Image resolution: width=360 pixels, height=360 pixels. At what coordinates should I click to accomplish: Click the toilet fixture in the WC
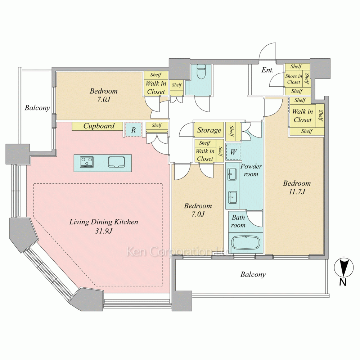[201, 71]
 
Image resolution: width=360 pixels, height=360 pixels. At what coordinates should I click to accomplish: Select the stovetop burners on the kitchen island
[87, 162]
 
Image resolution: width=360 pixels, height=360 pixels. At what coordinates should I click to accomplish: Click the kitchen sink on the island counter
[116, 162]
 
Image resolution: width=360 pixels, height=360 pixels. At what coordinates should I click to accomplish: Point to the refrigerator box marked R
[133, 130]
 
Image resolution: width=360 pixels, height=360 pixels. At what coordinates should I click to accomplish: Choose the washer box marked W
[233, 152]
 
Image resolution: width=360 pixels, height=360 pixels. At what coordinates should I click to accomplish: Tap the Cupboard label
[99, 126]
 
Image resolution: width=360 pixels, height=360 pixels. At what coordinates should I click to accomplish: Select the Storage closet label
[209, 130]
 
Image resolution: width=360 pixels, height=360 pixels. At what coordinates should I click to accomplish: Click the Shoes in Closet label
[294, 79]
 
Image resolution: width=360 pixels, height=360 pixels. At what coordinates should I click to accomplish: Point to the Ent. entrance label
[267, 70]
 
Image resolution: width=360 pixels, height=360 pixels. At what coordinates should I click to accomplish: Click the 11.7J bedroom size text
[297, 192]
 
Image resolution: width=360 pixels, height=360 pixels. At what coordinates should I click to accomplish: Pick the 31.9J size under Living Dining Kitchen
[104, 231]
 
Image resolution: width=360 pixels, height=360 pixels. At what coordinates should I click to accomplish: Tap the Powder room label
[251, 170]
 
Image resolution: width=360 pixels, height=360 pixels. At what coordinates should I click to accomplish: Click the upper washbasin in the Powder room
[232, 174]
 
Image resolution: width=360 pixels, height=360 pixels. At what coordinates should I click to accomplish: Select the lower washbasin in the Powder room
[232, 197]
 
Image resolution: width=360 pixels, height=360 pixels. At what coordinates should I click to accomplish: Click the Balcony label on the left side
[37, 108]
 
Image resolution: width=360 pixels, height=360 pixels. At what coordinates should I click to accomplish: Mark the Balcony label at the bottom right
[253, 274]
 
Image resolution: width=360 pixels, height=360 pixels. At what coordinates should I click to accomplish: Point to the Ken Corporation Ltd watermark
[179, 252]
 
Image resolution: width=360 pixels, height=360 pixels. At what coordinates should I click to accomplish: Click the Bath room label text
[238, 221]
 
